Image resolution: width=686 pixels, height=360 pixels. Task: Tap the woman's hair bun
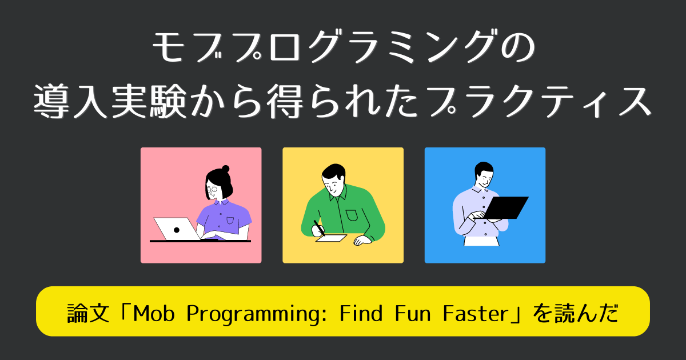click(226, 169)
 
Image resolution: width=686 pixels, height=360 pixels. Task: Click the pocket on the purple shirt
click(230, 219)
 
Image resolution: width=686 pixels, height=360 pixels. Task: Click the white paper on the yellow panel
click(332, 238)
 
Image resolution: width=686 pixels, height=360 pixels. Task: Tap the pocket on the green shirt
click(352, 215)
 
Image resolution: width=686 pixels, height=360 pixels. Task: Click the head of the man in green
click(333, 179)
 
